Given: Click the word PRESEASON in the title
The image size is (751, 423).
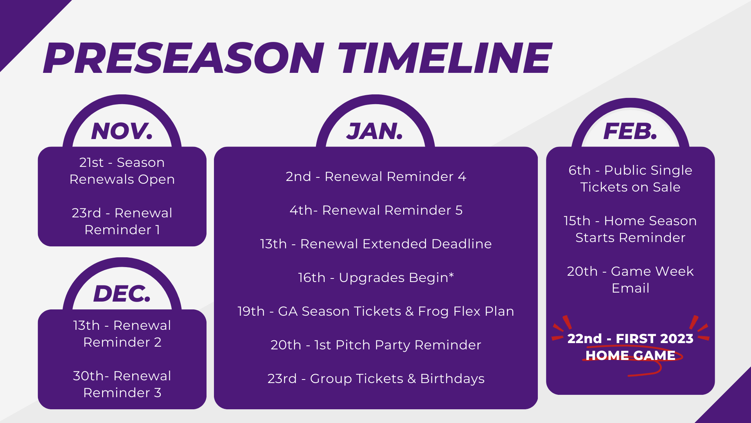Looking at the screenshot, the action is coord(184,58).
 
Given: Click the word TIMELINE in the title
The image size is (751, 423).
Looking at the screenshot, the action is coord(445,58).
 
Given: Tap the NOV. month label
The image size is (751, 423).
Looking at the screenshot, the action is coord(122,131).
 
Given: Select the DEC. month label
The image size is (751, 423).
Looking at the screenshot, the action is coord(122,294).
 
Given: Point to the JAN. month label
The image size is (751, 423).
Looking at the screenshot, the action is coord(375,131).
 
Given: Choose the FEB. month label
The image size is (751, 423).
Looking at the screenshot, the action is coord(630,131).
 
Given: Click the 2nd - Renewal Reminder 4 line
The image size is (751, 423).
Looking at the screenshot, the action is coord(376,177).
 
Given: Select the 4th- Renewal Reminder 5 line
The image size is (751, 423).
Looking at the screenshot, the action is coord(376,210).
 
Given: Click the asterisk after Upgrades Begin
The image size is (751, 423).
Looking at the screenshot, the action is coord(451,275).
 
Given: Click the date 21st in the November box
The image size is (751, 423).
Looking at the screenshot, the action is coord(91,163).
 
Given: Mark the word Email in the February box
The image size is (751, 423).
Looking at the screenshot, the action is coord(631,288).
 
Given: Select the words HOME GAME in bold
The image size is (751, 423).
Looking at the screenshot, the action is coord(631,355).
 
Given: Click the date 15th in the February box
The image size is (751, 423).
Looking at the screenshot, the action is coord(577,221).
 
